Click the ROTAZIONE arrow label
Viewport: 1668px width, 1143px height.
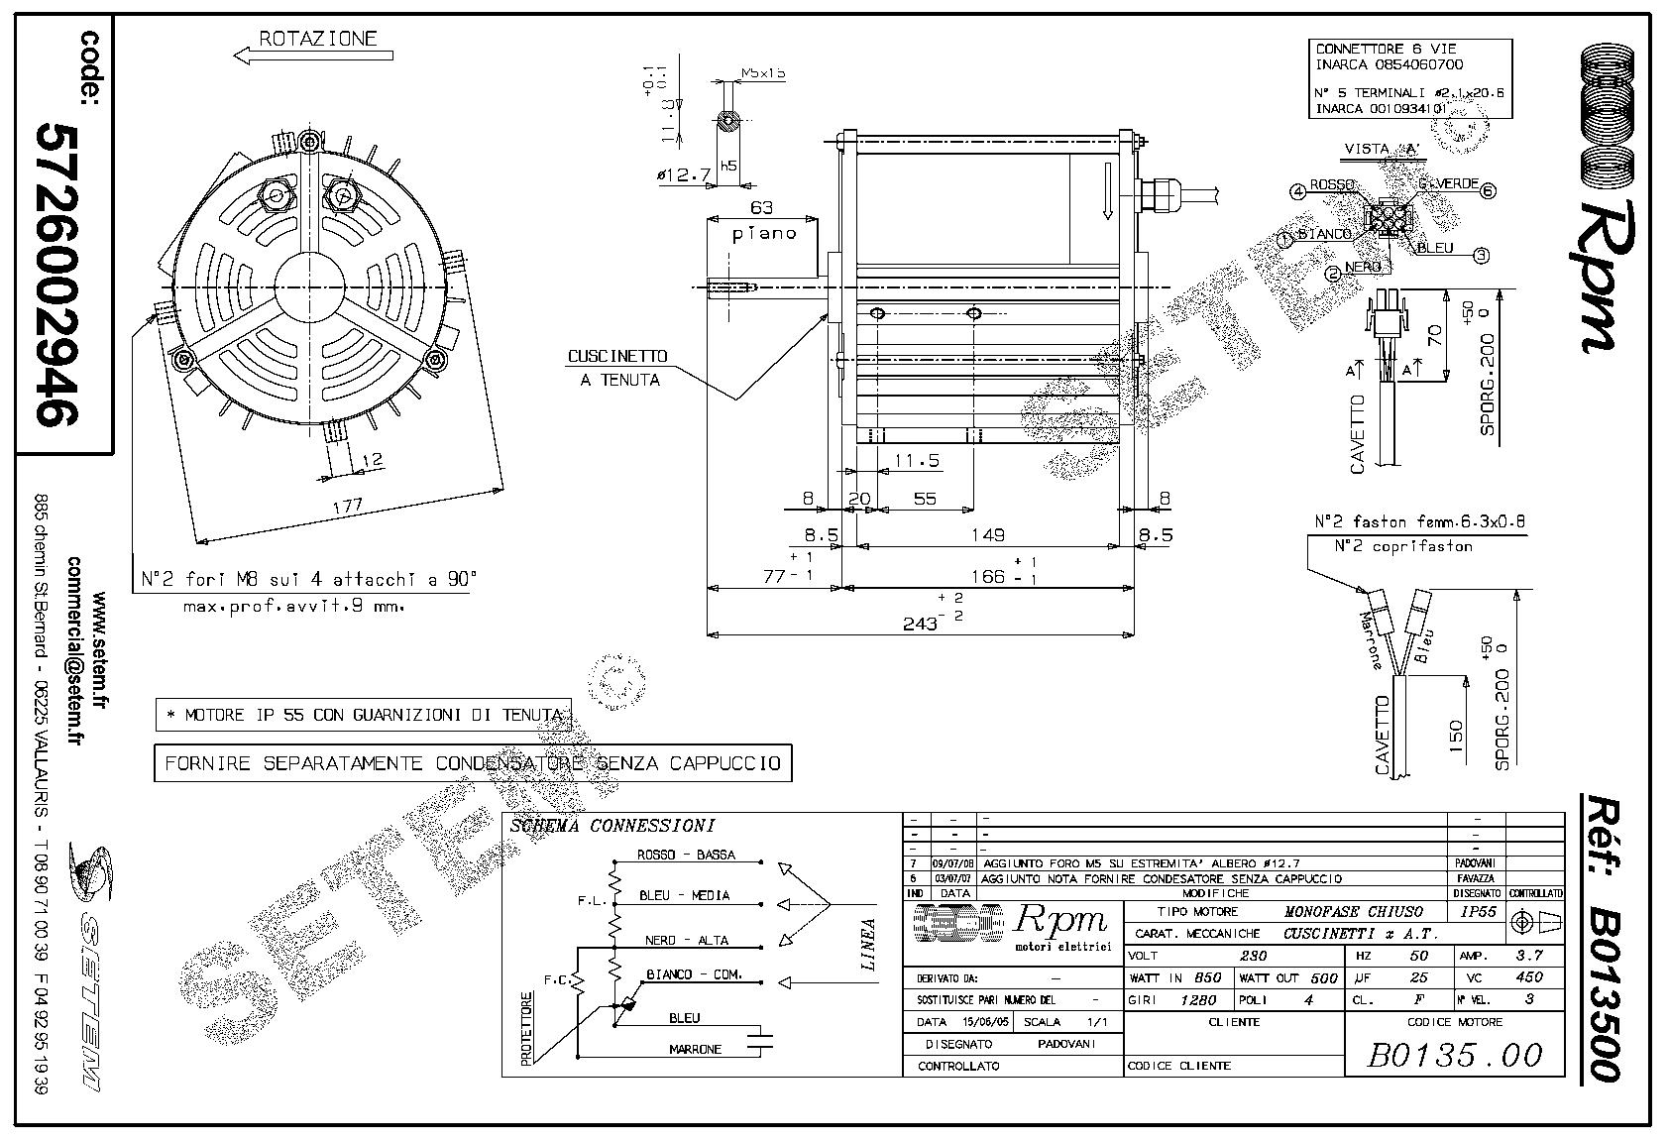click(318, 40)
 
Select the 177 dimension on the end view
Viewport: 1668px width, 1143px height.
click(347, 506)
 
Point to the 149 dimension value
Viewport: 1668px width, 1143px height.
click(987, 535)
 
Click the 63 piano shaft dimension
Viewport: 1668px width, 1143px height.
click(762, 208)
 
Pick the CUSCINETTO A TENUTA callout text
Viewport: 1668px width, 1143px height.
click(616, 367)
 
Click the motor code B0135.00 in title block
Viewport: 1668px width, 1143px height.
click(1455, 1055)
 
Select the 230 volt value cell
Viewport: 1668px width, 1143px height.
click(1254, 956)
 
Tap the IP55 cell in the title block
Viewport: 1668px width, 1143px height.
click(1481, 912)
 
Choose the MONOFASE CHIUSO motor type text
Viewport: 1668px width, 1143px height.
click(1353, 912)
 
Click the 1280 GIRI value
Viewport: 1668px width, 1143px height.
click(1198, 1000)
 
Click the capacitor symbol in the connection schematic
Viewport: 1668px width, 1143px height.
click(761, 1040)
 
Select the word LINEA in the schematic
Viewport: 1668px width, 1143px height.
click(869, 944)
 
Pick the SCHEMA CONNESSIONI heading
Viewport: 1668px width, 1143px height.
click(612, 826)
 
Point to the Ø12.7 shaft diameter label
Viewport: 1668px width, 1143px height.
click(684, 175)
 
